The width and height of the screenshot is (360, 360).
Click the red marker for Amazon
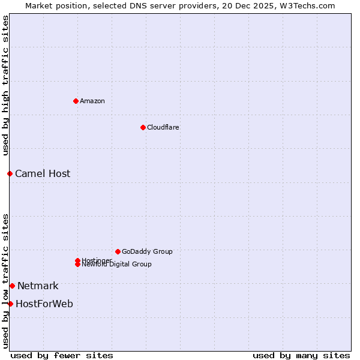point(76,101)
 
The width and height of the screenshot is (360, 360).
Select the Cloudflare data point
point(143,127)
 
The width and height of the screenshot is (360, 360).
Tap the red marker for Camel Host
point(10,173)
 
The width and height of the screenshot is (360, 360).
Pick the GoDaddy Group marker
point(118,251)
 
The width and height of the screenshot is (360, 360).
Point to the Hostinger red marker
point(77,260)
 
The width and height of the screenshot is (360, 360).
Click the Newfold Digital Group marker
point(77,264)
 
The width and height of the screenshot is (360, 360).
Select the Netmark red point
point(12,286)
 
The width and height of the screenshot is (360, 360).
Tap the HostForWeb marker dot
point(10,304)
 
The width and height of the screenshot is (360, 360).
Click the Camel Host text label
point(43,174)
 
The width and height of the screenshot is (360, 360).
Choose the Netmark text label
point(38,286)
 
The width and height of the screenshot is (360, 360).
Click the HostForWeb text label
point(44,304)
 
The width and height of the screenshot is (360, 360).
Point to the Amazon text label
point(92,101)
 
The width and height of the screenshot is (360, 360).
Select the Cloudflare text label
point(163,127)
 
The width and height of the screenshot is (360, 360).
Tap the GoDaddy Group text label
point(147,251)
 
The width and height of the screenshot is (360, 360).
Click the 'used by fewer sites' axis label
point(62,355)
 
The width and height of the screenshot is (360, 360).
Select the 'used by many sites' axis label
point(301,355)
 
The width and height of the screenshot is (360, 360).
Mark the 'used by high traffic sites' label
point(5,86)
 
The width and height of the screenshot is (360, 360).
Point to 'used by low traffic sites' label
point(5,280)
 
